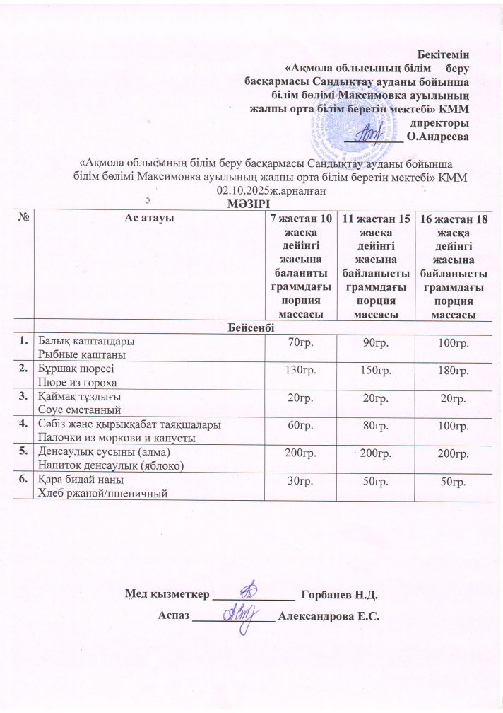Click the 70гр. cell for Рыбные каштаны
click(297, 344)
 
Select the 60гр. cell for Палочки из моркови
click(297, 427)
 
